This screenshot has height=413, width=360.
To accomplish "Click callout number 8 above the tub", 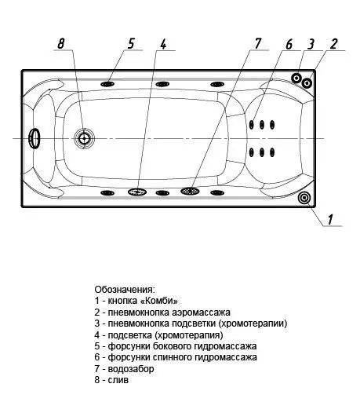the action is coord(61,43).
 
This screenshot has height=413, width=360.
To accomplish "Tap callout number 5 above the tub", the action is coord(131,43).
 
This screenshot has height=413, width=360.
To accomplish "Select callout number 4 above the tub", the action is coord(163,44).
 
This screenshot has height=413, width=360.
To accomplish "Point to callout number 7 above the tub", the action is coord(257,43).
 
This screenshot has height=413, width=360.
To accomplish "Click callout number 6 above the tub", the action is coord(289,44).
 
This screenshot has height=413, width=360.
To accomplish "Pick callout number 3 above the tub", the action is coord(311,44).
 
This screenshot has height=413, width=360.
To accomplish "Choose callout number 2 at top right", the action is coord(333,44).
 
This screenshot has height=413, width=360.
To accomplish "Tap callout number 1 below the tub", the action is coord(330,219).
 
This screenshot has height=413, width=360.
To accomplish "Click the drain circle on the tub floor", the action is coord(84,138).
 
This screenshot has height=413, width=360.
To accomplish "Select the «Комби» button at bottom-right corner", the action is coord(304,198).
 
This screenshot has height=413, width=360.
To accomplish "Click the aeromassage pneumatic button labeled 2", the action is coord(307,83).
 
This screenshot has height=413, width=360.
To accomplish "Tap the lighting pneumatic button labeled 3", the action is coord(296,78).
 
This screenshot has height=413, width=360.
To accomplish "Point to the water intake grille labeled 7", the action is coord(190,191).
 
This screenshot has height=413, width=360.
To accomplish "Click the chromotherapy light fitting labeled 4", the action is coord(137,192).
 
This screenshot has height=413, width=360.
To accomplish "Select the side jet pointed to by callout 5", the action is coord(107,84).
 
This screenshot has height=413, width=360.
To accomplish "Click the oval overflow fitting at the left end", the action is coord(35,138).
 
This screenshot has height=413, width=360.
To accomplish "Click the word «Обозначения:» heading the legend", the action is coord(125,290).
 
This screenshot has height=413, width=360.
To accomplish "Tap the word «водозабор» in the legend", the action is coord(131,369).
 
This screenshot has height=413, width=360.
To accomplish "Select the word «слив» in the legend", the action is coord(118,380).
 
